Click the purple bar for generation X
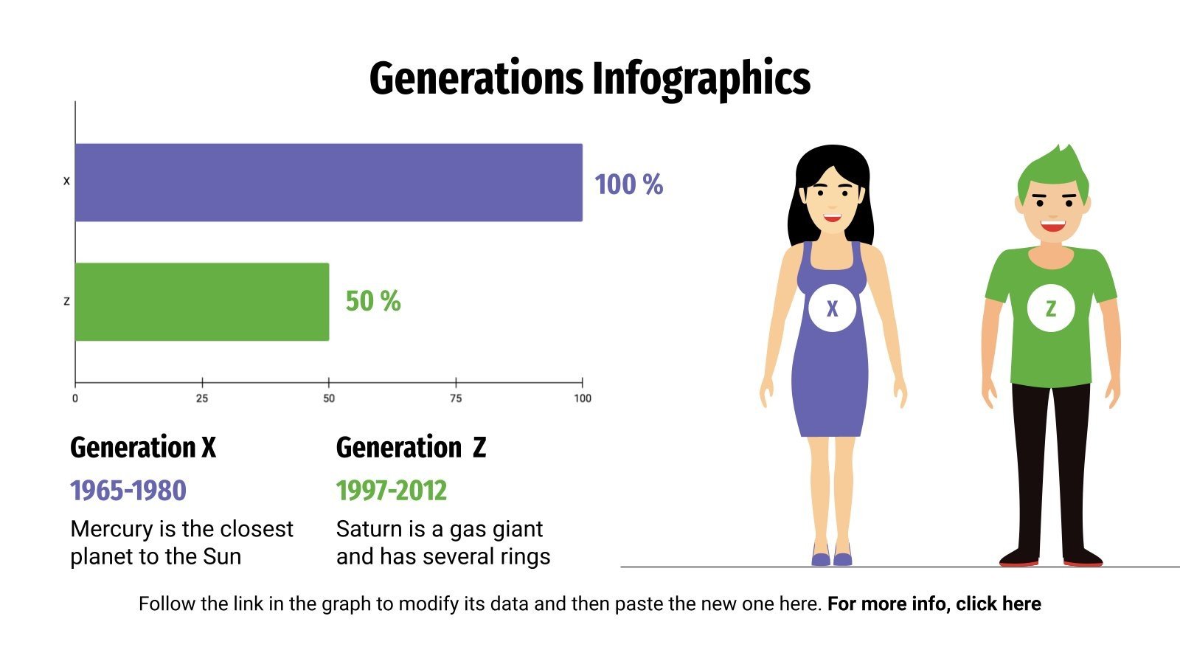coord(328,182)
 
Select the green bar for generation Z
coord(201,302)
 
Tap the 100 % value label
coord(628,184)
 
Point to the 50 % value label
coord(372,301)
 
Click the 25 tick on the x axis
coord(202,398)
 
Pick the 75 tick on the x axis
coord(456,398)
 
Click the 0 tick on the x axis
coord(75,398)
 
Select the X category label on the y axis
coord(66,181)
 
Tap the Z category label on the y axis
coord(66,302)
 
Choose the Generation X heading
coord(143,448)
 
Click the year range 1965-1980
coord(128,491)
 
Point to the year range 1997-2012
coord(392,491)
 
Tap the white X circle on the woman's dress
coord(832,308)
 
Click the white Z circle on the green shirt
coord(1050,308)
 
